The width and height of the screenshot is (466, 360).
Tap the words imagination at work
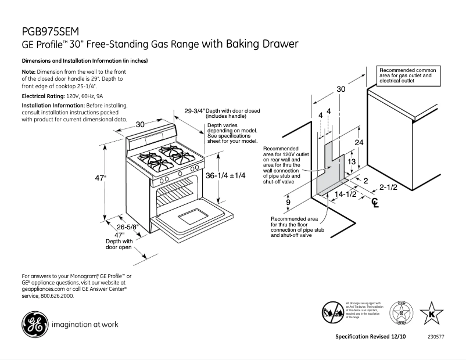click(85, 324)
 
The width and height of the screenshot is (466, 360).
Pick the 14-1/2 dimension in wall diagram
click(345, 195)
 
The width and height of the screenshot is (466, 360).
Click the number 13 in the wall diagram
click(352, 162)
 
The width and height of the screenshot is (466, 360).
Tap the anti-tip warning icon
click(333, 311)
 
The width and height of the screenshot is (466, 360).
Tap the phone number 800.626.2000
click(58, 296)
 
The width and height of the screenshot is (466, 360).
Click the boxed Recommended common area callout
click(409, 75)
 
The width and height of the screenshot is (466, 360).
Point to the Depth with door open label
click(119, 244)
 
